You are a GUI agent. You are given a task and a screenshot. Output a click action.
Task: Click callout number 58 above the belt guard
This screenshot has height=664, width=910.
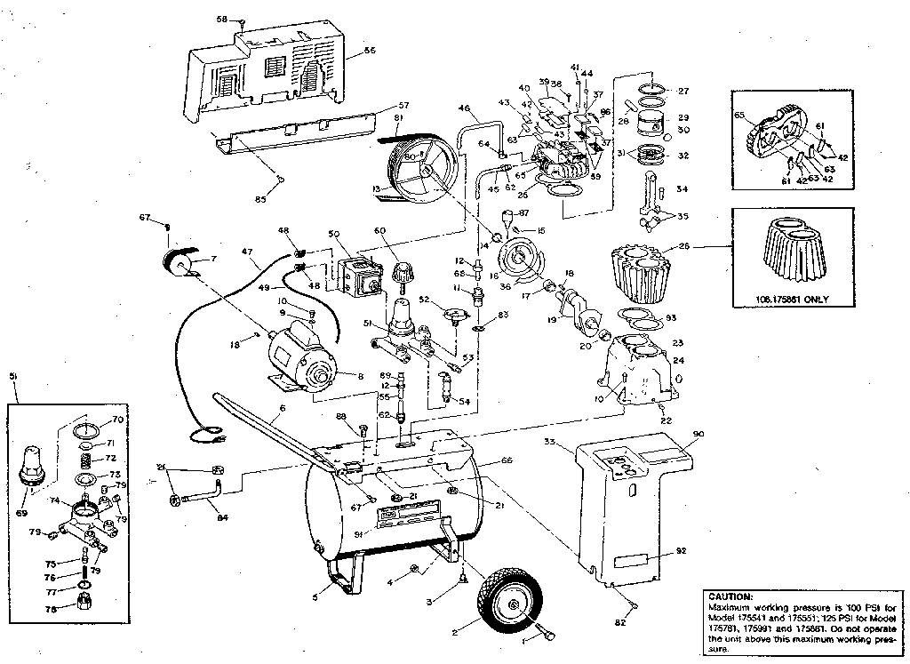coord(221,19)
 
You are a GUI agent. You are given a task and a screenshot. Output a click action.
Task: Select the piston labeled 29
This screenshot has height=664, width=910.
coord(655,122)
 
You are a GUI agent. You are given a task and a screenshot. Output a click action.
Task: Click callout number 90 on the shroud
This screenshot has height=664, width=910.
coord(698,433)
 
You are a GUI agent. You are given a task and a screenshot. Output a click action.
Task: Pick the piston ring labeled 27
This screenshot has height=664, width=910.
coord(654,88)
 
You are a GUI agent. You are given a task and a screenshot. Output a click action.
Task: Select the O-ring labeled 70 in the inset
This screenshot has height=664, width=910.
coord(84,431)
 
